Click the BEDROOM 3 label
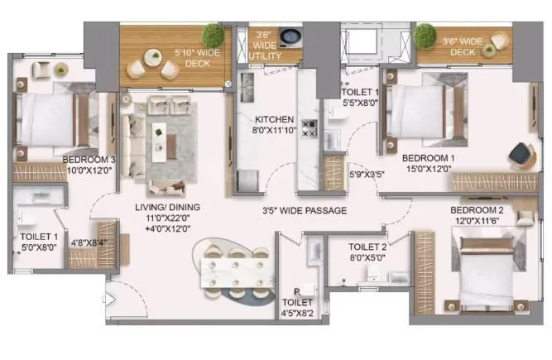pyautogui.click(x=89, y=159)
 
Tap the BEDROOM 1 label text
pyautogui.click(x=427, y=157)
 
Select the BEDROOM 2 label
pyautogui.click(x=479, y=210)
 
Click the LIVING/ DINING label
pyautogui.click(x=168, y=207)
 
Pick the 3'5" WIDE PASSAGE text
pyautogui.click(x=305, y=210)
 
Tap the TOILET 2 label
pyautogui.click(x=367, y=247)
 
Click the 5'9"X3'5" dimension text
pyautogui.click(x=367, y=175)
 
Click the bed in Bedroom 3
pyautogui.click(x=48, y=120)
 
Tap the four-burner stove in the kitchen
pyautogui.click(x=309, y=128)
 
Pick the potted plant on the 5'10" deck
pyautogui.click(x=214, y=35)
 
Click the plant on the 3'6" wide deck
pyautogui.click(x=425, y=34)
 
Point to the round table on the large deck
pyautogui.click(x=153, y=58)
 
